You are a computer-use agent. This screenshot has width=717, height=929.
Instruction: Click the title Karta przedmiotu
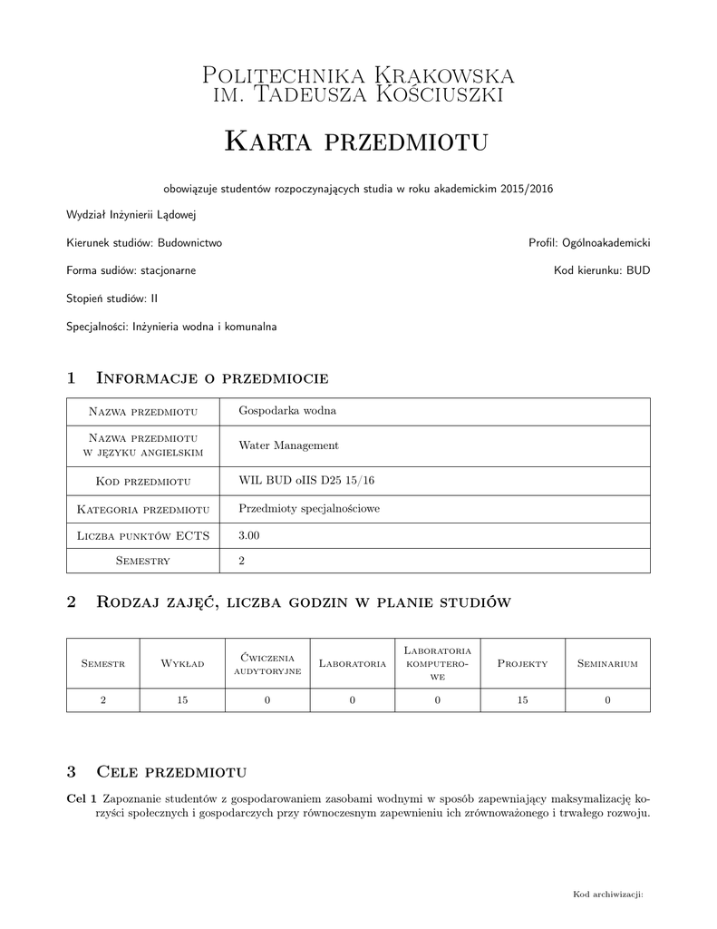tap(357, 141)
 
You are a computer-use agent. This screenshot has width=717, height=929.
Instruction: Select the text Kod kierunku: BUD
tap(602, 270)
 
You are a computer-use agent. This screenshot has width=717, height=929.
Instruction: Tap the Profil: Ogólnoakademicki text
tap(589, 243)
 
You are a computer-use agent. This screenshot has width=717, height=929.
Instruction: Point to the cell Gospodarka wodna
tap(287, 410)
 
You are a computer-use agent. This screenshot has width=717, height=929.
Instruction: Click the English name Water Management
tap(288, 445)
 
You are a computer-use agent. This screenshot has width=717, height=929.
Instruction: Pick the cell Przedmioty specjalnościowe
tap(309, 509)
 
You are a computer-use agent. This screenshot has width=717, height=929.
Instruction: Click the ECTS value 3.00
tap(249, 536)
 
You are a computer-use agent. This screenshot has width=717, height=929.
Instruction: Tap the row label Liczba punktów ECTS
tap(143, 536)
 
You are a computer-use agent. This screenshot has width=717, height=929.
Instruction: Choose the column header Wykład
tap(182, 663)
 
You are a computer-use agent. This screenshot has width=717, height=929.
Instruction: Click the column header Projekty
tap(522, 663)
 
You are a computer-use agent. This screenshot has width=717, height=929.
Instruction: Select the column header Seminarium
tap(607, 663)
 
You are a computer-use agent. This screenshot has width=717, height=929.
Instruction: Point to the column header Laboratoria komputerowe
tap(437, 663)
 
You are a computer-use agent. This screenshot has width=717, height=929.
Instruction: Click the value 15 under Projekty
tap(522, 699)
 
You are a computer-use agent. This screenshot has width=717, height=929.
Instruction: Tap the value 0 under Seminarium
tap(607, 699)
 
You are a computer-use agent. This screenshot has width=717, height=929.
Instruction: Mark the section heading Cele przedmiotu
tap(171, 772)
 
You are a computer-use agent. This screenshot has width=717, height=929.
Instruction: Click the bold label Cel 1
tap(82, 798)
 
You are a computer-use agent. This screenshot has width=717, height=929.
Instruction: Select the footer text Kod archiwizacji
tap(607, 895)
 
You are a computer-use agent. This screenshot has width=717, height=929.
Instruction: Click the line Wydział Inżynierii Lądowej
tap(131, 216)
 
